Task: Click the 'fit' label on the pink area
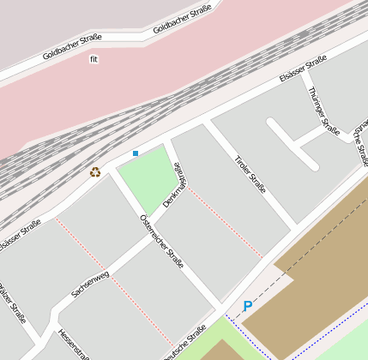[94, 59]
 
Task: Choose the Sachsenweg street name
[90, 285]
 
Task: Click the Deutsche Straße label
[185, 343]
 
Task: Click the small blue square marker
[136, 153]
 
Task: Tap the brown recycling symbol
[95, 171]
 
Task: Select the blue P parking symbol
[248, 306]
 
